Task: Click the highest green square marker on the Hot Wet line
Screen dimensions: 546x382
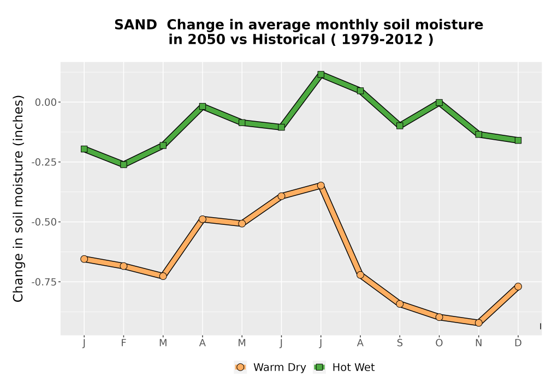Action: pyautogui.click(x=321, y=74)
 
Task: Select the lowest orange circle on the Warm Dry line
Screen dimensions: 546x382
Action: pyautogui.click(x=478, y=323)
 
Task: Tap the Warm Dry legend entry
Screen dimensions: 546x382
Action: pyautogui.click(x=270, y=367)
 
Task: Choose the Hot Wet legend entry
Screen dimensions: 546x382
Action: pyautogui.click(x=345, y=367)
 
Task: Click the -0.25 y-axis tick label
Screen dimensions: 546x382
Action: pyautogui.click(x=44, y=162)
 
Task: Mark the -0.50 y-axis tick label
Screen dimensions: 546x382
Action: pyautogui.click(x=44, y=222)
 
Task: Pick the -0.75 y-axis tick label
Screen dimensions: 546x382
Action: pyautogui.click(x=44, y=282)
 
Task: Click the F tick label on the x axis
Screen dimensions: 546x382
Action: pyautogui.click(x=123, y=343)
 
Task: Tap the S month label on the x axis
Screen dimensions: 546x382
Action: pyautogui.click(x=400, y=343)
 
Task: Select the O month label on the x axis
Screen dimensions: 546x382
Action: pyautogui.click(x=439, y=343)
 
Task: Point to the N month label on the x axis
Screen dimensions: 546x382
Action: pyautogui.click(x=478, y=343)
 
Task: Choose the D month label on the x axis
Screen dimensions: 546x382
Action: pyautogui.click(x=518, y=343)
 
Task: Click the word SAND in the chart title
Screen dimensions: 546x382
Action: pyautogui.click(x=136, y=25)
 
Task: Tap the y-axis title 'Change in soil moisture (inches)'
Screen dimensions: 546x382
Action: pyautogui.click(x=18, y=199)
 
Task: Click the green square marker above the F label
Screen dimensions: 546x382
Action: pyautogui.click(x=123, y=164)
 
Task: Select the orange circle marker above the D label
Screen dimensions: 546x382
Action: pyautogui.click(x=518, y=286)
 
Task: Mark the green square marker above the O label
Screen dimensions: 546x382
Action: pyautogui.click(x=439, y=102)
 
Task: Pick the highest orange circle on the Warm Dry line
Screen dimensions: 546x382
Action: pyautogui.click(x=321, y=186)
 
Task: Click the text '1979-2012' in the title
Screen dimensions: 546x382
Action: pyautogui.click(x=382, y=39)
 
